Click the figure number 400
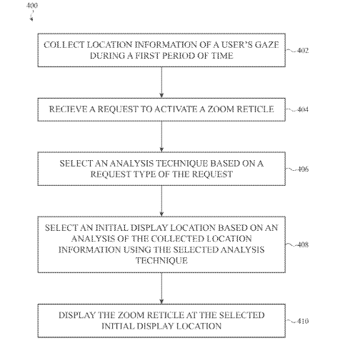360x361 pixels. click(x=32, y=6)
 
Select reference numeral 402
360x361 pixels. click(x=303, y=51)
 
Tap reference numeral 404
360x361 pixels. click(x=303, y=109)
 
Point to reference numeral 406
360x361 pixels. click(x=303, y=169)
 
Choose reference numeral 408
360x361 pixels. click(x=303, y=244)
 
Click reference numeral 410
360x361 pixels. click(x=303, y=321)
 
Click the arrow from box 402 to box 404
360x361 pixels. click(x=161, y=82)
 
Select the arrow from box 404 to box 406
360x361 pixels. click(x=161, y=137)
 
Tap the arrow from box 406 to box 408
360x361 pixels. click(x=161, y=201)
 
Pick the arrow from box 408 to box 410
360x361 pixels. click(x=161, y=288)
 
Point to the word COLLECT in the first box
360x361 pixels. click(x=64, y=45)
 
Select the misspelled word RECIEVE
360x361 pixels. click(x=68, y=109)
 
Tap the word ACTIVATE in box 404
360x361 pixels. click(x=176, y=109)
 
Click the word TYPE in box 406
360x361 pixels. click(x=144, y=174)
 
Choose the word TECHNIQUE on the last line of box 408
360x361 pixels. click(x=161, y=260)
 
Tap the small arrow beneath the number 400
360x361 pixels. click(x=31, y=17)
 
